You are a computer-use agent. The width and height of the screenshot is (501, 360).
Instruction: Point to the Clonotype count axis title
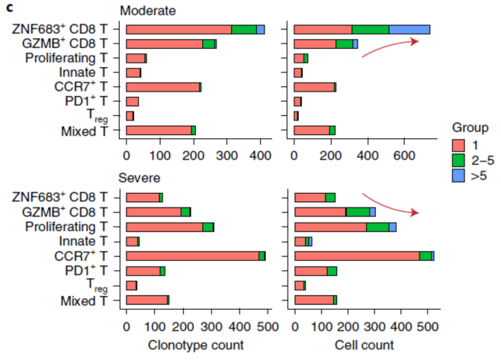(x=196, y=346)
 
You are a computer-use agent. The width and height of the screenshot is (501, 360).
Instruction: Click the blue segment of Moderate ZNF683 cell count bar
(x=409, y=29)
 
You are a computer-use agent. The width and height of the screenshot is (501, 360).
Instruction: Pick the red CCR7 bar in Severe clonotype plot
(x=192, y=256)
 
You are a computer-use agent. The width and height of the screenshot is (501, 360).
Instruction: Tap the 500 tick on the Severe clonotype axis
(x=267, y=326)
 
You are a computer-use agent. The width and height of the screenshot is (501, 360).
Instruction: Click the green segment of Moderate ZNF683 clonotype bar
(x=244, y=29)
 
